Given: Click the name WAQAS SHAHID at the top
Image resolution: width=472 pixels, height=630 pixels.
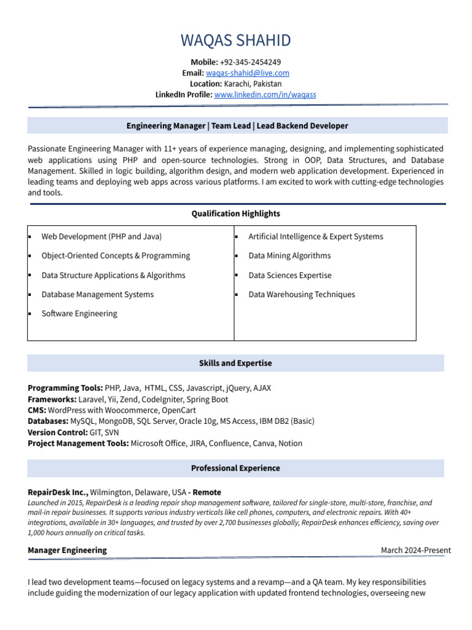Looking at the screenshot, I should click(235, 41).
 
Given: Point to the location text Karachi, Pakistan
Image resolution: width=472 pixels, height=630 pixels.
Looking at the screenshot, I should click(253, 84).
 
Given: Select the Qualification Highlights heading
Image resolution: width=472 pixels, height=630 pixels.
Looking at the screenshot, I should click(235, 213).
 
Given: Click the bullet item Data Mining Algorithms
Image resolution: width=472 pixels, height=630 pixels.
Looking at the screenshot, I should click(289, 255).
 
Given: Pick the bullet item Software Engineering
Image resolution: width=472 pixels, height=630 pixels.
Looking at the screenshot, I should click(79, 313).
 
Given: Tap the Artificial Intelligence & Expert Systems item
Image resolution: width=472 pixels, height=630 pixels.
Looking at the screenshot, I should click(315, 236).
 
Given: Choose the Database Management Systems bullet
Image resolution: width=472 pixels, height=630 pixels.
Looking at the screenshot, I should click(97, 294).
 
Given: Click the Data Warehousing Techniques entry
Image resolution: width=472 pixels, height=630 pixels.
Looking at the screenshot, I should click(301, 294).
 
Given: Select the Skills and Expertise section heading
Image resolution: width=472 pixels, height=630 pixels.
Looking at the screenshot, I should click(235, 363).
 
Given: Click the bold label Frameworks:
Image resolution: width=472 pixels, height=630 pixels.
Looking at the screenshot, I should click(52, 399).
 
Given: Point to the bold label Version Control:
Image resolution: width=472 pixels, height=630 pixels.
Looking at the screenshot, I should click(53, 433).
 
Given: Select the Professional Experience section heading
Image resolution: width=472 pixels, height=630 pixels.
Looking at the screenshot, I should click(235, 468).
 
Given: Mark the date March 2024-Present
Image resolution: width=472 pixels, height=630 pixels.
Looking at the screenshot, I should click(415, 550).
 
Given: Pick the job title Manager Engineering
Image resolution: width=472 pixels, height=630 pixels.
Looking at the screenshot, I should click(67, 550).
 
